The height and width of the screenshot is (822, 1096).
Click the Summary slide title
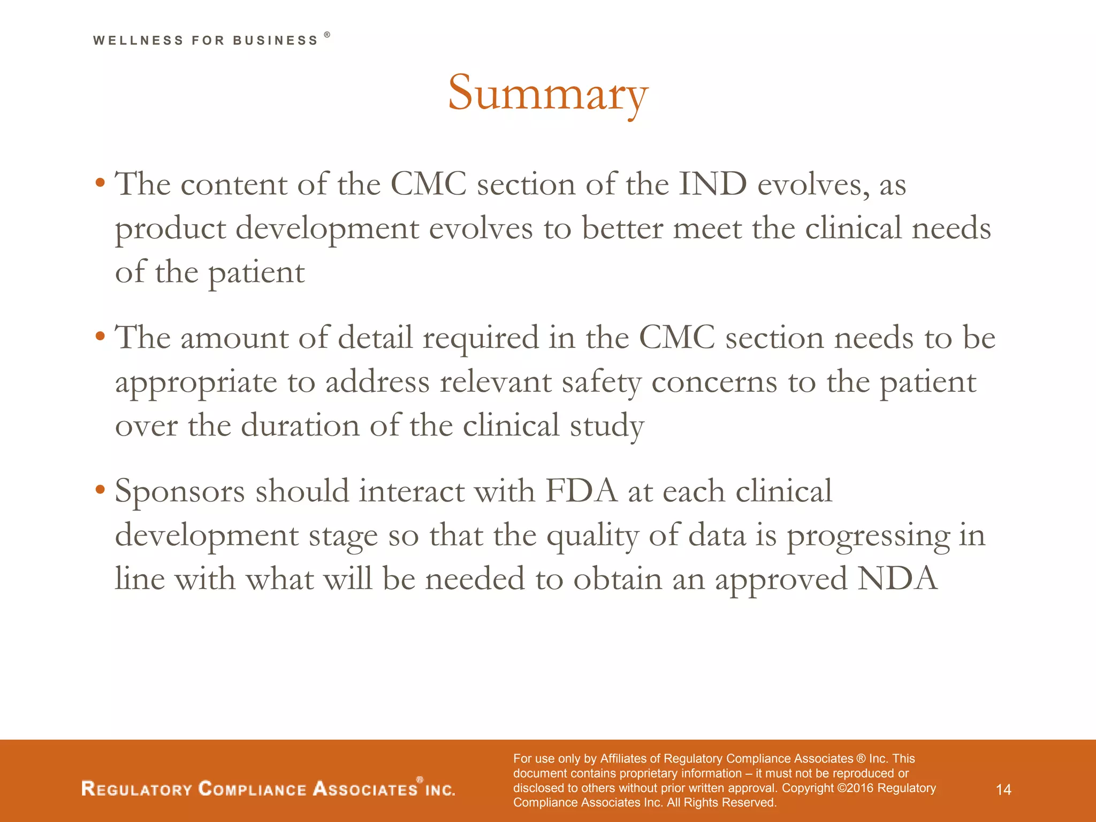point(548,94)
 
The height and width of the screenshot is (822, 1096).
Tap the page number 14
point(1003,789)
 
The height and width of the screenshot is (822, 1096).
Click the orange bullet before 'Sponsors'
point(100,490)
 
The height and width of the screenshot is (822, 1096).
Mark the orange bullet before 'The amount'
point(100,337)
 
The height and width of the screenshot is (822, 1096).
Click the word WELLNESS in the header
point(138,41)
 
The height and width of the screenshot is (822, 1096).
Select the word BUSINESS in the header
point(276,41)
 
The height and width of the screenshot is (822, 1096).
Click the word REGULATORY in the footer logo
point(136,789)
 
